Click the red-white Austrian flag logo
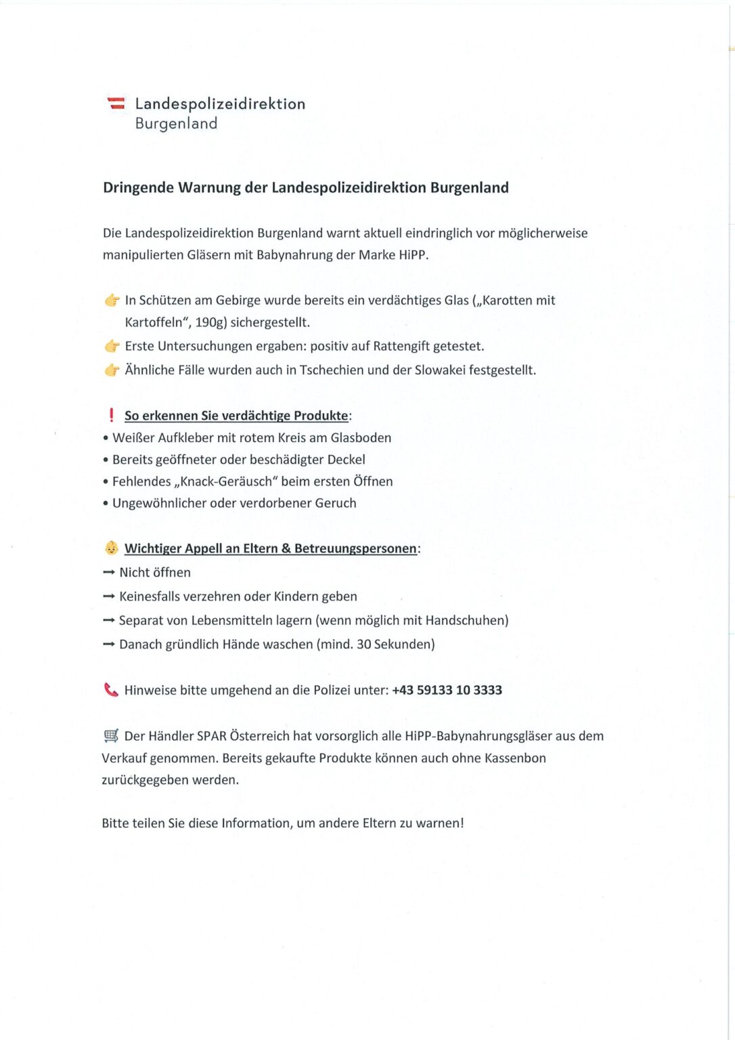pos(116,104)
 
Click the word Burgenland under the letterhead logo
pos(176,123)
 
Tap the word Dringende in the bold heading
pos(138,188)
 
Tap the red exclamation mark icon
pos(111,415)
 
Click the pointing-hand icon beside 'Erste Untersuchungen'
pos(112,346)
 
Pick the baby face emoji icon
pos(112,548)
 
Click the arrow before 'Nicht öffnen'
pos(108,572)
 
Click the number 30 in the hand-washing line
pos(363,644)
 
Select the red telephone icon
pos(111,690)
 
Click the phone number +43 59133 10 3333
pos(447,690)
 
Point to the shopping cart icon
pos(111,736)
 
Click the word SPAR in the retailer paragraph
pos(211,736)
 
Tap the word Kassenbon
pos(515,758)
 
